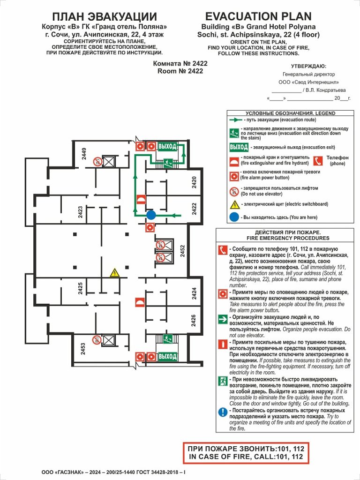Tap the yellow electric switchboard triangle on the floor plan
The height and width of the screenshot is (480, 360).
pos(114,273)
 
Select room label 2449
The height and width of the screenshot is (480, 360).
pos(84,154)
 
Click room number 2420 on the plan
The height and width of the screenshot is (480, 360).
pos(195,182)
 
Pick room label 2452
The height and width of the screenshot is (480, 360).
pos(183,251)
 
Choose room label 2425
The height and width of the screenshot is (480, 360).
pos(80,288)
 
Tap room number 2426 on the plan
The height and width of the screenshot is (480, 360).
pos(194,321)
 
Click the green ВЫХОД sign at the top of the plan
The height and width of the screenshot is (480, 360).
pos(167,146)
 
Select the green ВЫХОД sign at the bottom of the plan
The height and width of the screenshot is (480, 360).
pos(167,357)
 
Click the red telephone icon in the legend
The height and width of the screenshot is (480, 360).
pos(318,161)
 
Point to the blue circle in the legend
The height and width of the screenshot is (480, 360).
pos(234,217)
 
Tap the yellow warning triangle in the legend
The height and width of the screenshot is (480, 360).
pos(234,204)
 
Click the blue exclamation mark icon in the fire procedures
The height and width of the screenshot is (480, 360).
pos(223,412)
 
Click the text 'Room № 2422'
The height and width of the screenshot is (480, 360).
pos(180,71)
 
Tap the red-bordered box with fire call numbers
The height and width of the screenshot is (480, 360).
pos(246,452)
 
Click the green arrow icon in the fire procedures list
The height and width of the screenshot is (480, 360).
pos(223,320)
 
